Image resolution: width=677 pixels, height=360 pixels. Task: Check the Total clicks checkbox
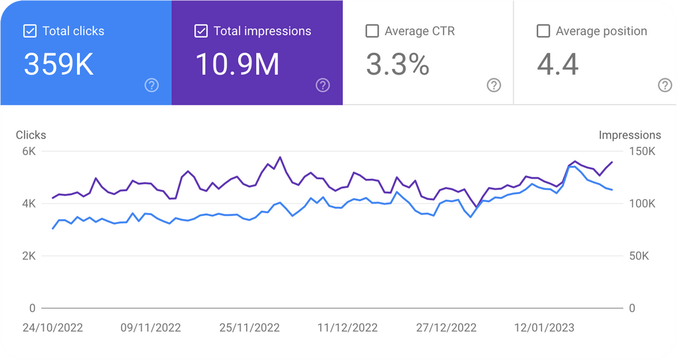[x=29, y=31]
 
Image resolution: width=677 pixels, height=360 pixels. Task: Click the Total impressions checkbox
[x=201, y=31]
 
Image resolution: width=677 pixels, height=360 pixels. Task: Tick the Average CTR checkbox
[x=372, y=31]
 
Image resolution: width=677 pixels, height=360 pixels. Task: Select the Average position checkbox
[x=543, y=31]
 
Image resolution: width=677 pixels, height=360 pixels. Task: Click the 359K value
[x=59, y=64]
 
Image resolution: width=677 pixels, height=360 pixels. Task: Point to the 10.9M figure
[x=238, y=64]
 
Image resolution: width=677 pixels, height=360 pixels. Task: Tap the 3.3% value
[x=397, y=64]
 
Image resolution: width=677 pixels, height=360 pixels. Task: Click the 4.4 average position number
[x=558, y=64]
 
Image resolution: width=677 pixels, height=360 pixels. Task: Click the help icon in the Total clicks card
[x=151, y=85]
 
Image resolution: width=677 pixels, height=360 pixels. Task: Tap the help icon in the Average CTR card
[x=494, y=85]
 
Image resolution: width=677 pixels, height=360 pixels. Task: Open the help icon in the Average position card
[x=665, y=85]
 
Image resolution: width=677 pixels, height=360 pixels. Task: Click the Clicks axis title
[x=31, y=135]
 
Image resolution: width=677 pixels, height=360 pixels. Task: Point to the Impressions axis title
[x=629, y=135]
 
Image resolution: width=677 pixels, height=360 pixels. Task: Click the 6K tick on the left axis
[x=28, y=151]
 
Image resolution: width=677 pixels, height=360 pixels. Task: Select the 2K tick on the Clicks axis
[x=28, y=256]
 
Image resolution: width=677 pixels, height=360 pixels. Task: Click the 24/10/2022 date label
[x=53, y=327]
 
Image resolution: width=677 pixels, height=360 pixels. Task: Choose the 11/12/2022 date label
[x=347, y=327]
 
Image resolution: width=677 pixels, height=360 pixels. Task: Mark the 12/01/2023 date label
[x=544, y=327]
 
